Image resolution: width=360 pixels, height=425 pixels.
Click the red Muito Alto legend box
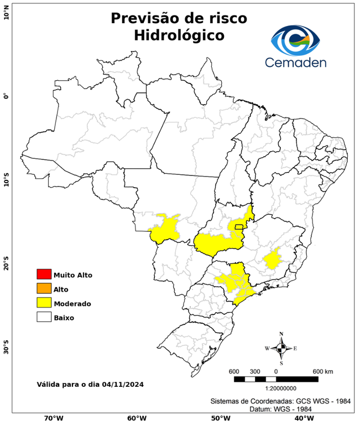(44, 274)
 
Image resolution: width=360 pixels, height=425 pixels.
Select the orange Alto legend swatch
(44, 288)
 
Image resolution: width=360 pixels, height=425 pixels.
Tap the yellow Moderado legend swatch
(44, 303)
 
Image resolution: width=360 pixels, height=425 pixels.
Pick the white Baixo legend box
(44, 317)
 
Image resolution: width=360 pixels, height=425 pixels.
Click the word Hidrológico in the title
(179, 36)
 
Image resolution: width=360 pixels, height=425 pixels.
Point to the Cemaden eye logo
(299, 39)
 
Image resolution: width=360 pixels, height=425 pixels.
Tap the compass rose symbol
(281, 348)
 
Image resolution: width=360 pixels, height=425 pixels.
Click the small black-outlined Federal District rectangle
(239, 226)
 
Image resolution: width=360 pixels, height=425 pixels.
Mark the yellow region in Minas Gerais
(272, 259)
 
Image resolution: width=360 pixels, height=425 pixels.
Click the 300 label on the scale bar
(254, 371)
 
